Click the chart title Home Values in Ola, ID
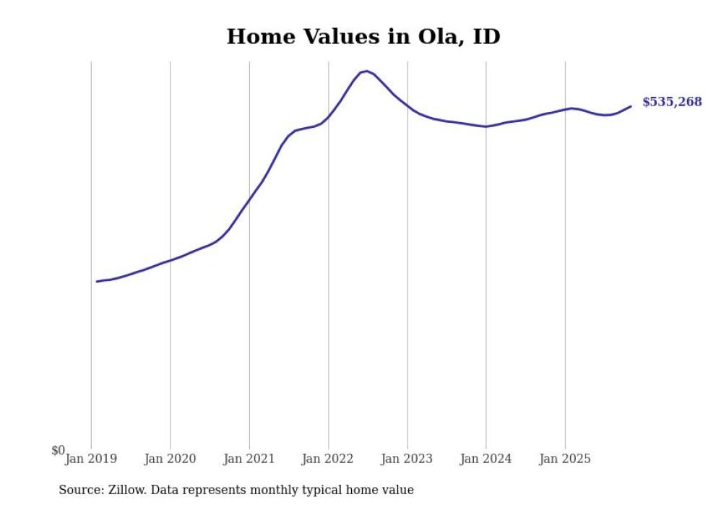[363, 36]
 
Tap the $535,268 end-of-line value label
[671, 102]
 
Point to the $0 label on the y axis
[58, 451]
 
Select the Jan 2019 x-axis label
[91, 459]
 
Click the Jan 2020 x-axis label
[170, 459]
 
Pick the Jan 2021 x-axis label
[249, 459]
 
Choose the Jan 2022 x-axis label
[328, 459]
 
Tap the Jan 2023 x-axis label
[407, 459]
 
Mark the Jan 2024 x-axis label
[486, 459]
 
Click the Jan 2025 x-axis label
[565, 459]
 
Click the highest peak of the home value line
[367, 71]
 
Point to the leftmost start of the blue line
[97, 281]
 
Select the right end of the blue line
[631, 106]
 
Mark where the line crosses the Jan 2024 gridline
[486, 126]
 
